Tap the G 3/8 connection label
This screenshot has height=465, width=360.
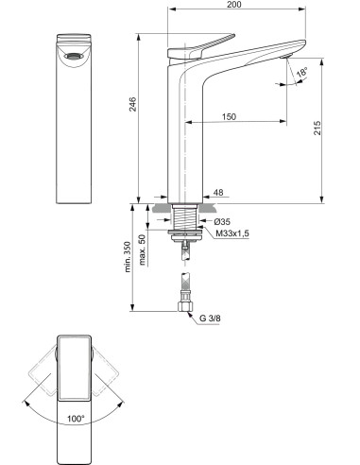(213, 319)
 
